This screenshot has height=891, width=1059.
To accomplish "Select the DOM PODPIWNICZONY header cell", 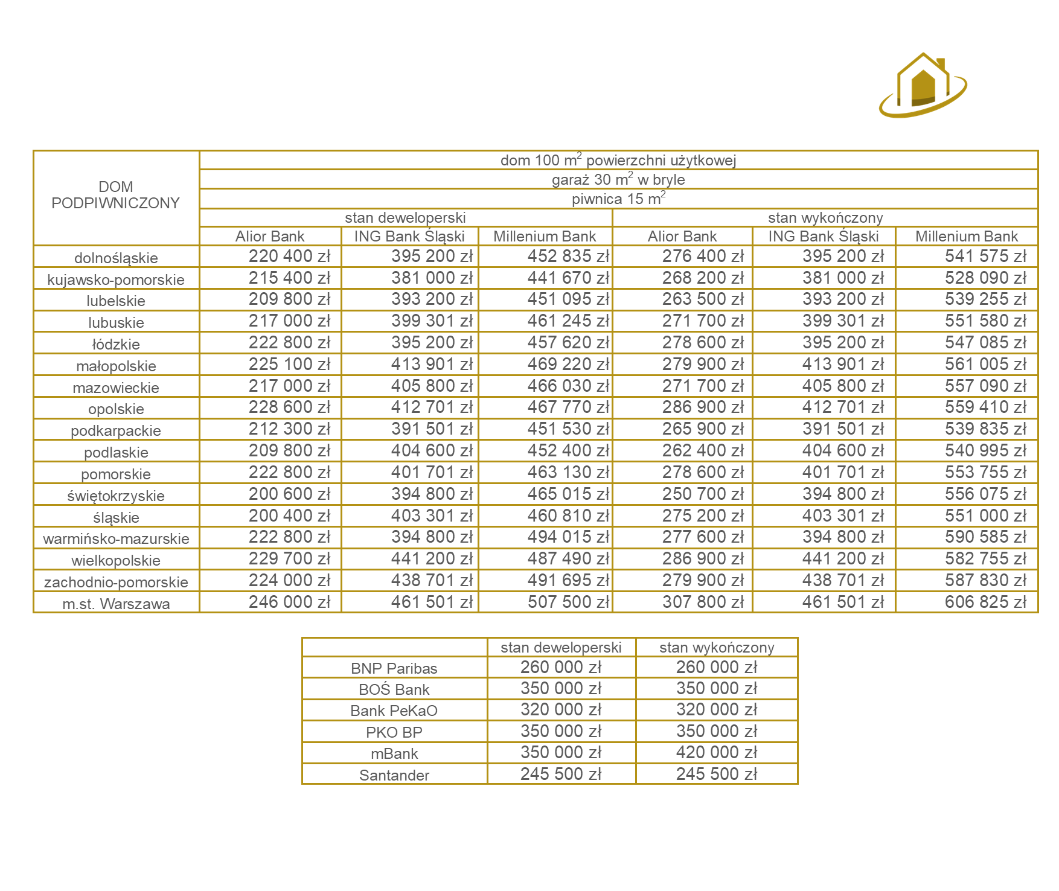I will (116, 195).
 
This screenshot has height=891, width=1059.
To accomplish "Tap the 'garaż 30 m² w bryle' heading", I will (618, 179).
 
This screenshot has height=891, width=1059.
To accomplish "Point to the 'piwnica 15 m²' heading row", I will (618, 199).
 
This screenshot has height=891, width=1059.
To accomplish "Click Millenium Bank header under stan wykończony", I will (966, 237).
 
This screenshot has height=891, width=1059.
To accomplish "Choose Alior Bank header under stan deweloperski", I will (270, 237).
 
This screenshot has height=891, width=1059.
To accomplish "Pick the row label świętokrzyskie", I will (116, 496).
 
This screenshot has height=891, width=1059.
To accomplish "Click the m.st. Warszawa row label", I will (116, 604).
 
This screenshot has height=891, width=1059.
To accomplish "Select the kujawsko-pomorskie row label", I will (116, 279).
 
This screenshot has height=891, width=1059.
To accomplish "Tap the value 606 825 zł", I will (985, 602).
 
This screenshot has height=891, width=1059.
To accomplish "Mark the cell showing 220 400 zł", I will (289, 257).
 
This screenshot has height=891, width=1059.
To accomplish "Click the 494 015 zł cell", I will (568, 537).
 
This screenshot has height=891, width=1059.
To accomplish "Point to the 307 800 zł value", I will (703, 602).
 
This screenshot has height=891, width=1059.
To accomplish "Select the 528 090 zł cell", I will (985, 278).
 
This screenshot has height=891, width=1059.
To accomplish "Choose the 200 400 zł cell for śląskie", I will (289, 516).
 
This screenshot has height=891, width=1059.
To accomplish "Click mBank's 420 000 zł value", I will (717, 753).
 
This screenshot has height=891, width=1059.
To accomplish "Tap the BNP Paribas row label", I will (394, 668).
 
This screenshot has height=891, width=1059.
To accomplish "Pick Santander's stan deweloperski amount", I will (561, 774).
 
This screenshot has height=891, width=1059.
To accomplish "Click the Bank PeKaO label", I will (394, 711).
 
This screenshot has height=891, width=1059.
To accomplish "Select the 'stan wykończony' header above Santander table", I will (717, 648).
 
